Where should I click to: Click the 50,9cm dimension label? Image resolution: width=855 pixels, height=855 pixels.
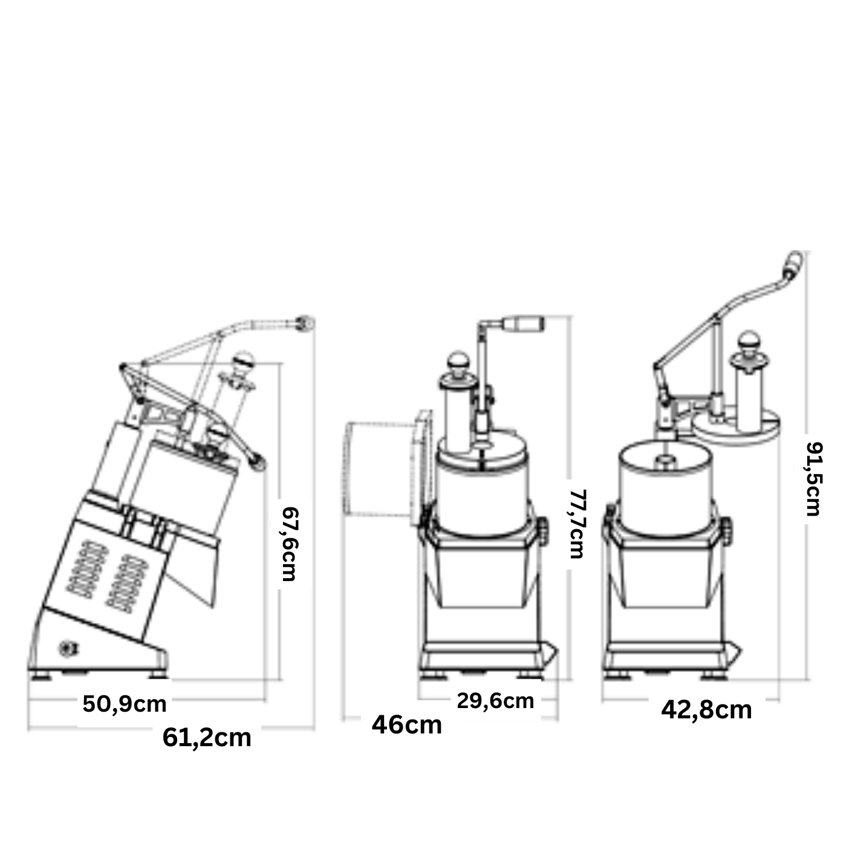tap(125, 704)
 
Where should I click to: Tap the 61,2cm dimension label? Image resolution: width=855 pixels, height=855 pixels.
tap(207, 738)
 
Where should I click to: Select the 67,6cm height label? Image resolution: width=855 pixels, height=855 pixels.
tap(291, 544)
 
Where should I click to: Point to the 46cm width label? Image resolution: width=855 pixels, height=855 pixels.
tap(407, 725)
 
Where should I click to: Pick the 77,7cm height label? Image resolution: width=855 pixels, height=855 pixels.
tap(577, 524)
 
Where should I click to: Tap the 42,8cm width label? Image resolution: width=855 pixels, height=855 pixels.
tap(706, 710)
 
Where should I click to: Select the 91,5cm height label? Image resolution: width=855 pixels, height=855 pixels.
tap(814, 479)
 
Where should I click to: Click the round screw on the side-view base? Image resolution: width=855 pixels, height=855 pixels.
tap(67, 649)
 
